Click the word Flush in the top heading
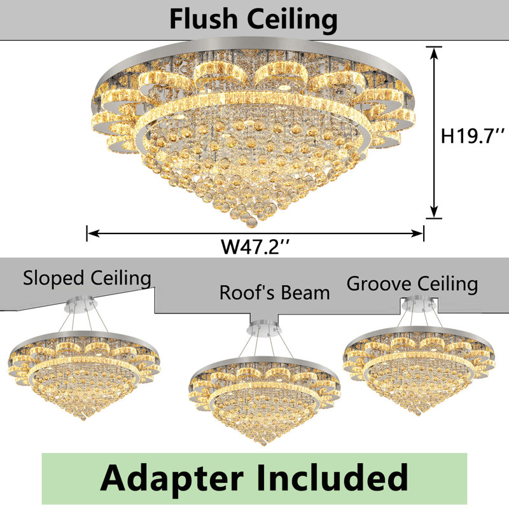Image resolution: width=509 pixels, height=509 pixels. pyautogui.click(x=204, y=19)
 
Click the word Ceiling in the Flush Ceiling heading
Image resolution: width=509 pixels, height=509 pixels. pyautogui.click(x=292, y=20)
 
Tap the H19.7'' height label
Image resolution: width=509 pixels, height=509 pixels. pyautogui.click(x=472, y=136)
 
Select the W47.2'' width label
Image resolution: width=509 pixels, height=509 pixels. pyautogui.click(x=255, y=248)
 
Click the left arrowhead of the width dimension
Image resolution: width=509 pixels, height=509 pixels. pyautogui.click(x=94, y=233)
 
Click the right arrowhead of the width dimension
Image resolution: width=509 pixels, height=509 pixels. pyautogui.click(x=417, y=233)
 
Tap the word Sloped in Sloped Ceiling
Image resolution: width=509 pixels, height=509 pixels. pyautogui.click(x=53, y=279)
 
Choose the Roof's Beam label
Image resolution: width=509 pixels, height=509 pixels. pyautogui.click(x=275, y=293)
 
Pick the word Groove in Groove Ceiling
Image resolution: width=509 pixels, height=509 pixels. pyautogui.click(x=379, y=283)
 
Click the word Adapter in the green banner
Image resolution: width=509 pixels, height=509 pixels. pyautogui.click(x=172, y=478)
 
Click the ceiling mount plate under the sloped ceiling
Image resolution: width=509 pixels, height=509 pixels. pyautogui.click(x=79, y=304)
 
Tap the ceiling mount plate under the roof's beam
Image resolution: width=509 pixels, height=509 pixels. pyautogui.click(x=265, y=328)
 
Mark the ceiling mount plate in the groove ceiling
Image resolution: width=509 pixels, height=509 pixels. pyautogui.click(x=419, y=304)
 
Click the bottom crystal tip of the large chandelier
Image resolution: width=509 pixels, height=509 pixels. pyautogui.click(x=251, y=224)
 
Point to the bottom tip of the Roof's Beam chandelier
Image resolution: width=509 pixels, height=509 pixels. pyautogui.click(x=263, y=442)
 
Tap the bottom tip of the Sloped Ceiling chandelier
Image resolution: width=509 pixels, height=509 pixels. pyautogui.click(x=84, y=418)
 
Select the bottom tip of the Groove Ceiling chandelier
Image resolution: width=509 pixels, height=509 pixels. pyautogui.click(x=419, y=412)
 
